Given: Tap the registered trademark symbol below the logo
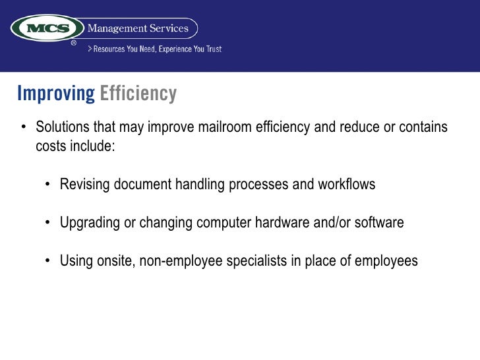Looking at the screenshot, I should pos(74,43).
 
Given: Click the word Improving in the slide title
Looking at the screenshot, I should pos(56,94).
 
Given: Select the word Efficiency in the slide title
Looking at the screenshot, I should pos(138,94).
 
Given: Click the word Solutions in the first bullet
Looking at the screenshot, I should pos(63,127).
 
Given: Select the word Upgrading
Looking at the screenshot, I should pos(90,223).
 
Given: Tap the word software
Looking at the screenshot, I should pos(379,223).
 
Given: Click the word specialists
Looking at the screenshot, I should pos(256,261).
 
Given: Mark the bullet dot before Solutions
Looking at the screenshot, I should pos(24,127).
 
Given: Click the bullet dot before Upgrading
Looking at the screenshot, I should pos(48,223).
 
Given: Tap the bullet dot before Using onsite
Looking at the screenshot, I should pos(48,261).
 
